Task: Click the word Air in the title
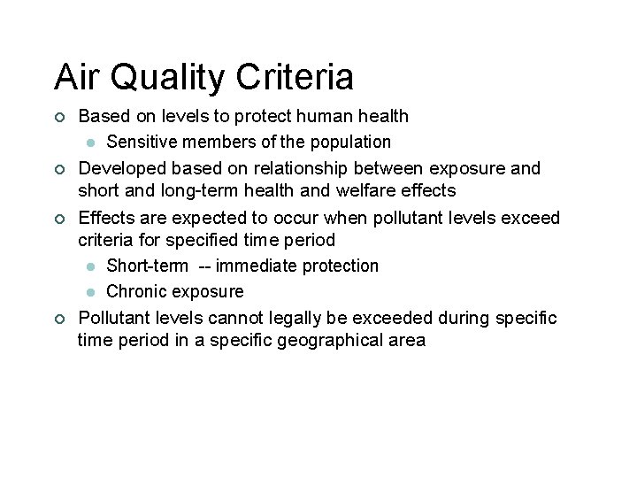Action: tap(73, 77)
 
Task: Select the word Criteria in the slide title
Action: tap(295, 77)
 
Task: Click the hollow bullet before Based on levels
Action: tap(58, 117)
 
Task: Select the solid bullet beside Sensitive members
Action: tap(90, 143)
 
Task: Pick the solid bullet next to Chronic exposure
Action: tap(90, 292)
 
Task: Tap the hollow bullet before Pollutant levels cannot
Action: tap(58, 319)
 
